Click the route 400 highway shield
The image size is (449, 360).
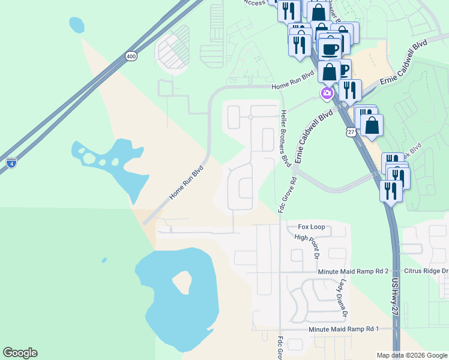[x=131, y=56]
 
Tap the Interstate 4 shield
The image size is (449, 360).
[x=12, y=161]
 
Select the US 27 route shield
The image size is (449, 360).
[x=351, y=132]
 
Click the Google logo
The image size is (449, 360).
[x=20, y=353]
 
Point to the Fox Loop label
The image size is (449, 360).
[x=312, y=227]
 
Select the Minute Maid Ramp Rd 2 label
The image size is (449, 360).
[x=354, y=272]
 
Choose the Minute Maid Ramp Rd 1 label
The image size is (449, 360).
[x=344, y=329]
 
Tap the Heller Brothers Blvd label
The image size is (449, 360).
[x=287, y=138]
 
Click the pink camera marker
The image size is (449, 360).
[x=327, y=93]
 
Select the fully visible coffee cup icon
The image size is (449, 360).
[x=330, y=47]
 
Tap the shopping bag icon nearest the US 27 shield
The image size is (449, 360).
[x=372, y=125]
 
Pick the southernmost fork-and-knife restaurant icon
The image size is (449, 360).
[x=391, y=190]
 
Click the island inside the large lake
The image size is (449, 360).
[x=182, y=282]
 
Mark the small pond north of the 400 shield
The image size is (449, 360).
[x=76, y=25]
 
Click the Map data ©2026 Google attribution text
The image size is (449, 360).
[x=411, y=355]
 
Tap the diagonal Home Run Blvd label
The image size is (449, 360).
[x=186, y=183]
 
